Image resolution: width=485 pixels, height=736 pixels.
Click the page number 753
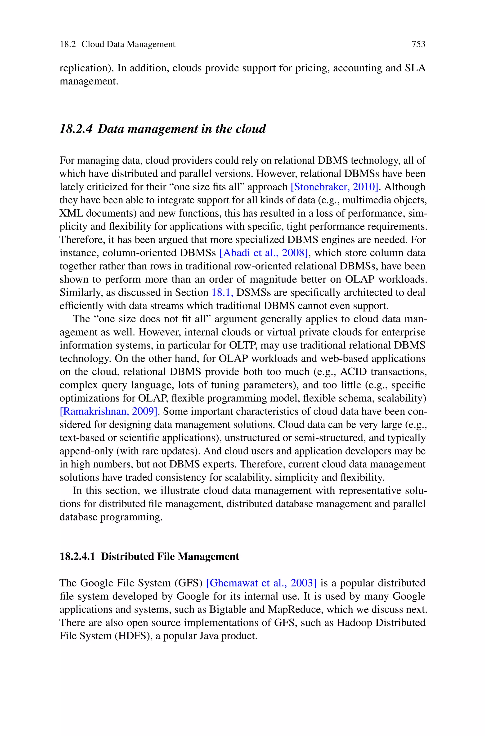tap(418, 44)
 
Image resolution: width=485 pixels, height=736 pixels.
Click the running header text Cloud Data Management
tap(128, 44)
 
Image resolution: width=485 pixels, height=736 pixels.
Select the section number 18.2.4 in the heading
tap(76, 129)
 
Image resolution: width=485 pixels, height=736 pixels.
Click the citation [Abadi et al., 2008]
tap(264, 253)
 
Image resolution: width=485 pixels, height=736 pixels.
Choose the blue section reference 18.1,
tap(222, 293)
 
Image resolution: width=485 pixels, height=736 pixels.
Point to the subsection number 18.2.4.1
tap(77, 557)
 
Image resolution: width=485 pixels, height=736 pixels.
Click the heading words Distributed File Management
tap(170, 557)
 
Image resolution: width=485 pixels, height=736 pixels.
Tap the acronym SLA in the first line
tap(415, 68)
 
